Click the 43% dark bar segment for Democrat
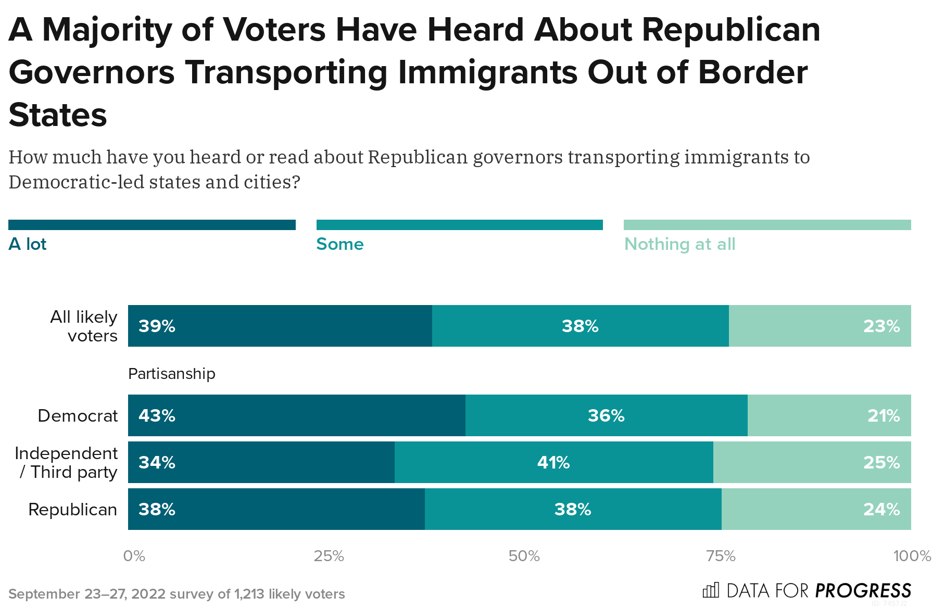coord(297,415)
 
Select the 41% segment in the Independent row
coord(553,462)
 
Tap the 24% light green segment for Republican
coord(816,509)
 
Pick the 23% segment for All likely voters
coord(820,326)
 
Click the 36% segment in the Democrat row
coord(606,415)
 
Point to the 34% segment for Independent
coord(261,462)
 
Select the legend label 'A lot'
coord(28,244)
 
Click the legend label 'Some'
coord(340,244)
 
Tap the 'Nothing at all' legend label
coord(679,244)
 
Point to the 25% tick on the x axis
coord(329,556)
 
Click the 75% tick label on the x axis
coord(721,556)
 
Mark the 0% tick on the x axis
coord(134,556)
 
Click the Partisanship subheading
coord(171,374)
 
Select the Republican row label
coord(72,509)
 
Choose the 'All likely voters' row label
coord(84,326)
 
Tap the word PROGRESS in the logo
coord(863,591)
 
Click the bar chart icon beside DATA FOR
coord(711,590)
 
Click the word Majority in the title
coord(107,30)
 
